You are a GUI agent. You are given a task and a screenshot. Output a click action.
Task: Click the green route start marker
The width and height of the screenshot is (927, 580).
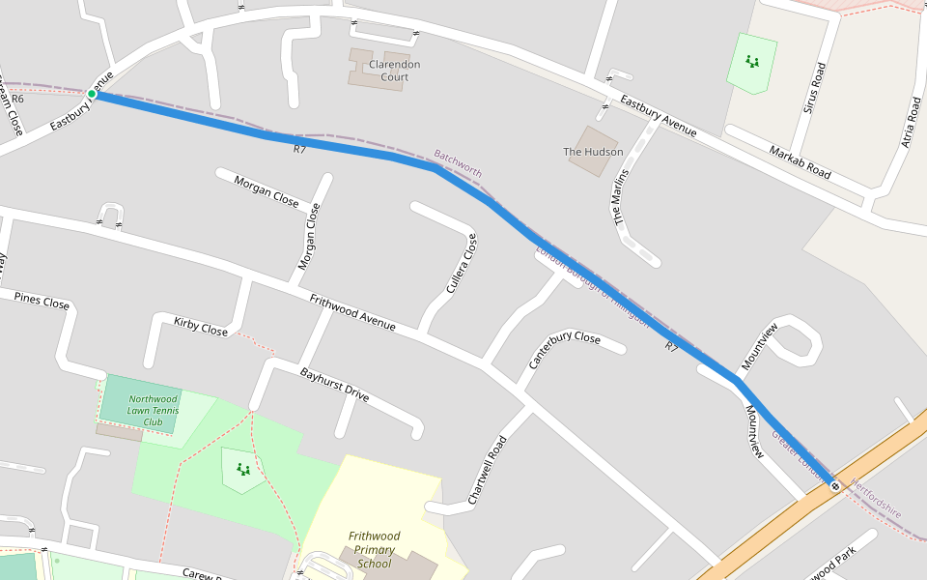(92, 94)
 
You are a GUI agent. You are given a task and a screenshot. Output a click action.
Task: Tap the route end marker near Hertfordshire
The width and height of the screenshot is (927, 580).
(835, 485)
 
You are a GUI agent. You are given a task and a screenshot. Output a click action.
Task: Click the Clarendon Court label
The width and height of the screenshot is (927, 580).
(394, 71)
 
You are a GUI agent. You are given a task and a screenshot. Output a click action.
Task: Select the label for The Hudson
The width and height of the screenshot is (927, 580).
(593, 152)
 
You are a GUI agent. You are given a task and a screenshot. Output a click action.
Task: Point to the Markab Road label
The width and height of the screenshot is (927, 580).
(800, 162)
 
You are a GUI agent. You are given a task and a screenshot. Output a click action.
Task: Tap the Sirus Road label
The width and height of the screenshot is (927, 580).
(815, 88)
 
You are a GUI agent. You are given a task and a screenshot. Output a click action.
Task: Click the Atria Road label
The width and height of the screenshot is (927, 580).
(910, 121)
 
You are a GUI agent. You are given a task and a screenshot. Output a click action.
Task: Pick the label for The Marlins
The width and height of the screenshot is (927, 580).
(622, 197)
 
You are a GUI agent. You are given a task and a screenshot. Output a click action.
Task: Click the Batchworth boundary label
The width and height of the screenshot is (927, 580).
(458, 163)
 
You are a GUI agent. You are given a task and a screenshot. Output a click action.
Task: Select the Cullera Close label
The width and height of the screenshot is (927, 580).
(462, 264)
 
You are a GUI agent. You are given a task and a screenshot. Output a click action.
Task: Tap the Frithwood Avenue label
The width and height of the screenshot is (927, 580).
(352, 313)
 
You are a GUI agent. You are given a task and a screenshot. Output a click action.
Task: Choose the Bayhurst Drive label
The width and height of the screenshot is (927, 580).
(334, 384)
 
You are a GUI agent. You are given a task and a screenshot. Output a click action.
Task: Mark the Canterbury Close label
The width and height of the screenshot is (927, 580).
(564, 350)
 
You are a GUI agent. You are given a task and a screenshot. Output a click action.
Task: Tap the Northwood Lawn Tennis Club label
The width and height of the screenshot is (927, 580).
(154, 410)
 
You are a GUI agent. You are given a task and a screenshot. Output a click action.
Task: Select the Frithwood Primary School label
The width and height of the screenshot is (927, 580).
(374, 550)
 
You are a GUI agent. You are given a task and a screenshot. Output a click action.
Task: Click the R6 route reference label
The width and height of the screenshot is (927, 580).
(17, 99)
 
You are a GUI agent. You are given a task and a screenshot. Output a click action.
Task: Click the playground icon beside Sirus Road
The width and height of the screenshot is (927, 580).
(752, 62)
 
